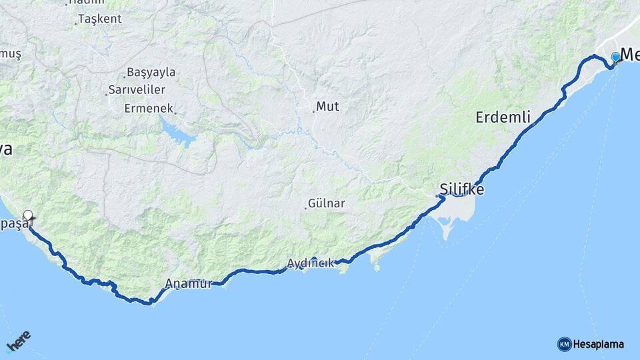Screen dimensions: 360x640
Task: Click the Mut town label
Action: (x=327, y=106)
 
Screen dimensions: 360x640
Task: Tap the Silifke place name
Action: (x=462, y=189)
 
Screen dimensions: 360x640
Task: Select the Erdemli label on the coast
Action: (x=503, y=118)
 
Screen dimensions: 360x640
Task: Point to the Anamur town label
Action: (x=189, y=283)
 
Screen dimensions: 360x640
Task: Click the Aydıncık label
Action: (x=310, y=263)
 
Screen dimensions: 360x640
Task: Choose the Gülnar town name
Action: (x=327, y=203)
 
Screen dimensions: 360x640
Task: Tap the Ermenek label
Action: (x=149, y=108)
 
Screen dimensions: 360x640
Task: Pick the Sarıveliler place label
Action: (x=139, y=89)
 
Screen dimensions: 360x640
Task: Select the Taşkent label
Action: (x=100, y=19)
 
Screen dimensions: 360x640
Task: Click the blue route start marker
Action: (x=615, y=58)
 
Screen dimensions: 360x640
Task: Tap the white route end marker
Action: (x=28, y=215)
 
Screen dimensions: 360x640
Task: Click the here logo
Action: (x=18, y=342)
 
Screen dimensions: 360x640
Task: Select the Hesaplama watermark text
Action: (x=599, y=345)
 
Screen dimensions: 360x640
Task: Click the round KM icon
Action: (x=564, y=345)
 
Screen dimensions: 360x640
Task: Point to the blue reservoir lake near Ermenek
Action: (x=177, y=131)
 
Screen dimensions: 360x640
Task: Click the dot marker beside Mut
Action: (x=313, y=111)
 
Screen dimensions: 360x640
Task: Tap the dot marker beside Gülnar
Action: (x=306, y=207)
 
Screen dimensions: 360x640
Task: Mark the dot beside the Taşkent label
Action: (x=76, y=23)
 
